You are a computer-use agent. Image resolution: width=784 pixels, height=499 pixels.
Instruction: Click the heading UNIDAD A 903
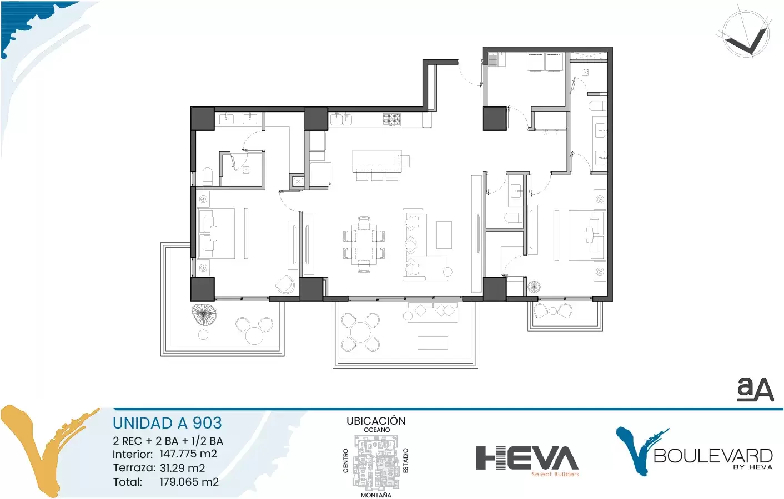[167, 423]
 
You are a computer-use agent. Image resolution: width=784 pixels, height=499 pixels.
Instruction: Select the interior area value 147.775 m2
[188, 454]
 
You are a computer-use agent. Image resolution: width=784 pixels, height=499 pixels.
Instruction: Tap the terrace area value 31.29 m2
[182, 468]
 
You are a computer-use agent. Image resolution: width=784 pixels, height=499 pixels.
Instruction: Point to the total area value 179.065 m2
[189, 482]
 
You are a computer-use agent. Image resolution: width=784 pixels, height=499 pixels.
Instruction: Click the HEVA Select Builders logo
[527, 461]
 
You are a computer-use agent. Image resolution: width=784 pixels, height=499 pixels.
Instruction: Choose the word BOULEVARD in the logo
[713, 456]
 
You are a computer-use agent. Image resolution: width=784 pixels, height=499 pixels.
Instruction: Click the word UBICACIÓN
[376, 421]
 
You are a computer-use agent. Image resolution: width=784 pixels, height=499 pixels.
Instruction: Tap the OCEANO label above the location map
[376, 430]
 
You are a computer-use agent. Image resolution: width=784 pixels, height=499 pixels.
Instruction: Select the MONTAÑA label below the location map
[376, 495]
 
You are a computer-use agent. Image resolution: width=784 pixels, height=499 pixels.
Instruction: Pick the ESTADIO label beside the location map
[406, 460]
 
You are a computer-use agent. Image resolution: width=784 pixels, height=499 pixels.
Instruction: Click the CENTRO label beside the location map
[346, 461]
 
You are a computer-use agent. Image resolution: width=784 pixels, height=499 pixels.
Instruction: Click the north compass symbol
[747, 33]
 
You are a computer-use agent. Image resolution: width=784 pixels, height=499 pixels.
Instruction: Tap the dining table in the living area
[364, 245]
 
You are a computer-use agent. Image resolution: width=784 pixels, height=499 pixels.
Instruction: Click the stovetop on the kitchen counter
[391, 120]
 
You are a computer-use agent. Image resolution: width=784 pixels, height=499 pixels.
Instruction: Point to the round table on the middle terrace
[360, 332]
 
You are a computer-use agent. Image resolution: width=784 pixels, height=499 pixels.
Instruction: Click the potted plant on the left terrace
[204, 315]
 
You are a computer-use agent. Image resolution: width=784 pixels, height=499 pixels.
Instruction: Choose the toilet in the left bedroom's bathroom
[208, 177]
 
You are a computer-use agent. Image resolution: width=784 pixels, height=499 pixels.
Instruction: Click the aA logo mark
[755, 389]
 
